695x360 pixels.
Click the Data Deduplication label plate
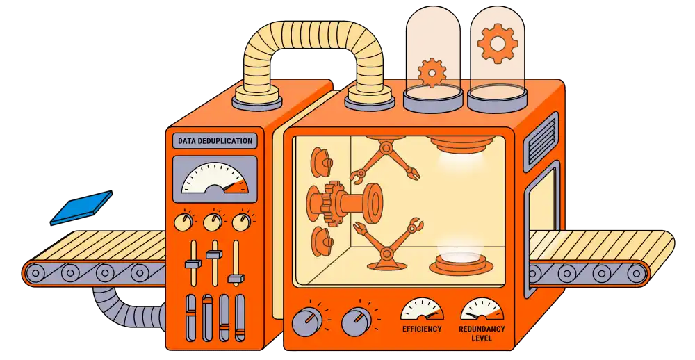point(215,141)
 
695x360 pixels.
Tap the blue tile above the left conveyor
point(82,207)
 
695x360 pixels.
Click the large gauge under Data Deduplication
point(215,178)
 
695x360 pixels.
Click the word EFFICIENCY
point(422,329)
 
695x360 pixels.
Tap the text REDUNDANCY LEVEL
point(482,333)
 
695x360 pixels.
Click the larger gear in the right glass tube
point(498,42)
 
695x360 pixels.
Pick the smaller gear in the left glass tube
point(432,72)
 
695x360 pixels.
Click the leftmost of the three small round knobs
point(183,222)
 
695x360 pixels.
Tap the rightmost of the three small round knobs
point(240,222)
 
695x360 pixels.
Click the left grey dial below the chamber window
point(306,321)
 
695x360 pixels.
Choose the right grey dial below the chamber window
point(357,320)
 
